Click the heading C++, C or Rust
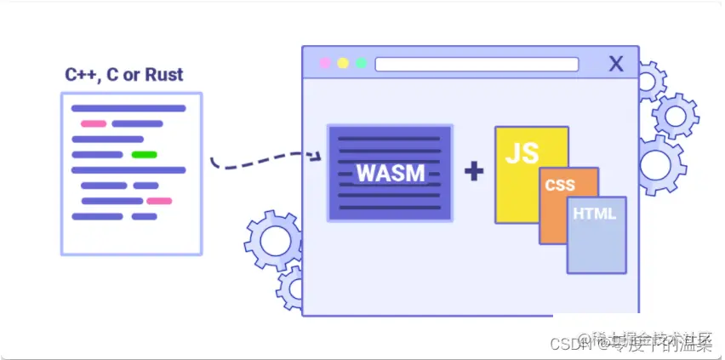124,75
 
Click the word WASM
391,173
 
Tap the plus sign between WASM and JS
474,172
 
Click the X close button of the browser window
617,63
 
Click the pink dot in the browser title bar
324,63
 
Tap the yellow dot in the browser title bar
343,63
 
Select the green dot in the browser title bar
362,63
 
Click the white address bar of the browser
477,64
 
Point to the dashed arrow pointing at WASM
264,160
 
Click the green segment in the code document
144,155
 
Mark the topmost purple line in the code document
128,108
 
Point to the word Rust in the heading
163,75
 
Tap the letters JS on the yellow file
522,153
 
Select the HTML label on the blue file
594,214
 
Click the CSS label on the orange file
560,185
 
